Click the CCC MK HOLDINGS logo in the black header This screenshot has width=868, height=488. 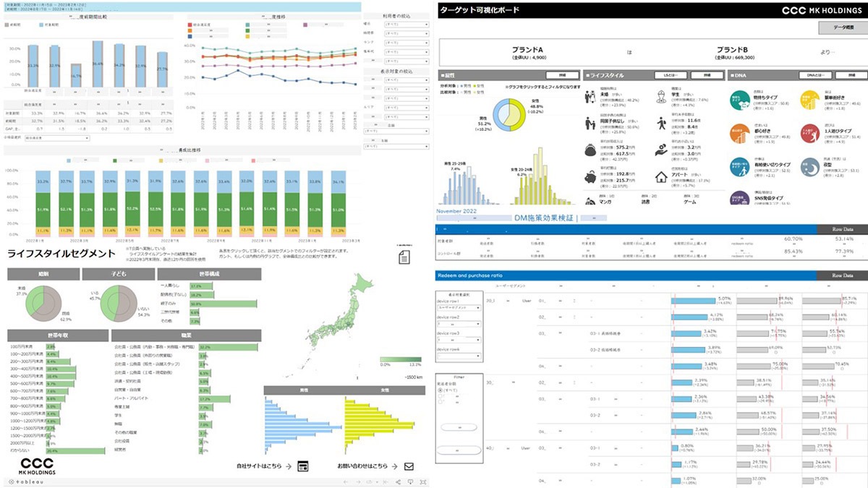[822, 10]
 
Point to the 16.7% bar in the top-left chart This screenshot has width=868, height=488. [76, 74]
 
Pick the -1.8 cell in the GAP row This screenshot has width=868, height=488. [76, 129]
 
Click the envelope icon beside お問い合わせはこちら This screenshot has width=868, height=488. [409, 466]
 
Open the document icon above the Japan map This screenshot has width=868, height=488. [404, 257]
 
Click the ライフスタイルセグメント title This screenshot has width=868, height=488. [61, 253]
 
